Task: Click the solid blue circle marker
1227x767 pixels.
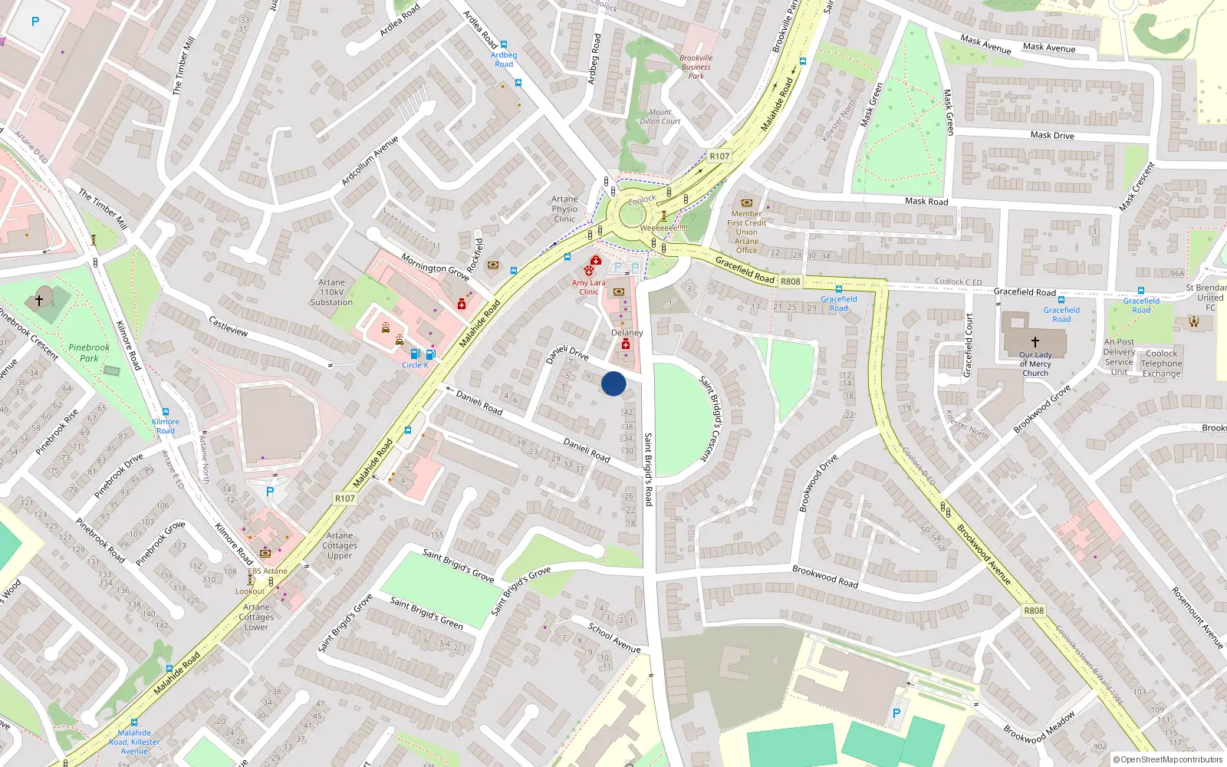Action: (x=613, y=383)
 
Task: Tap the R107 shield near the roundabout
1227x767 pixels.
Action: (x=719, y=156)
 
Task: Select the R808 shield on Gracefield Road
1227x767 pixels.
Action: (x=790, y=281)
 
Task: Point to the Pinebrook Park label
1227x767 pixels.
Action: (x=89, y=353)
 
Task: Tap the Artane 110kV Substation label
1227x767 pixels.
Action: (x=331, y=292)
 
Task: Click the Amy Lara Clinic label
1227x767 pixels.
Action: (x=588, y=287)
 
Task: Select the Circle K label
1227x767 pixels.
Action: (x=415, y=365)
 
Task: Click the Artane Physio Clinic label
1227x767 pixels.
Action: (x=564, y=209)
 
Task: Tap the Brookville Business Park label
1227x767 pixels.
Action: (x=696, y=67)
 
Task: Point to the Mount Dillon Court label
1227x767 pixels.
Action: (x=660, y=117)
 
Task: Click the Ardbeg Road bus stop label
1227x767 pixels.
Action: (x=504, y=59)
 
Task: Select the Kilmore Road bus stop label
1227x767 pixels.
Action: (x=165, y=426)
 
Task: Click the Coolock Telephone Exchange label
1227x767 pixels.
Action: (x=1161, y=364)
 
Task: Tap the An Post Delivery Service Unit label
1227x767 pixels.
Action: (x=1119, y=357)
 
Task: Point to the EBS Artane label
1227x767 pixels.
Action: (x=268, y=571)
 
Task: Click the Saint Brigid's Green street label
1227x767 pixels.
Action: (x=426, y=613)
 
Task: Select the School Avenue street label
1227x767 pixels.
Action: (x=614, y=637)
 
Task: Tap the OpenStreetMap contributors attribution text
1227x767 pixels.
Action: (x=1167, y=759)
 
